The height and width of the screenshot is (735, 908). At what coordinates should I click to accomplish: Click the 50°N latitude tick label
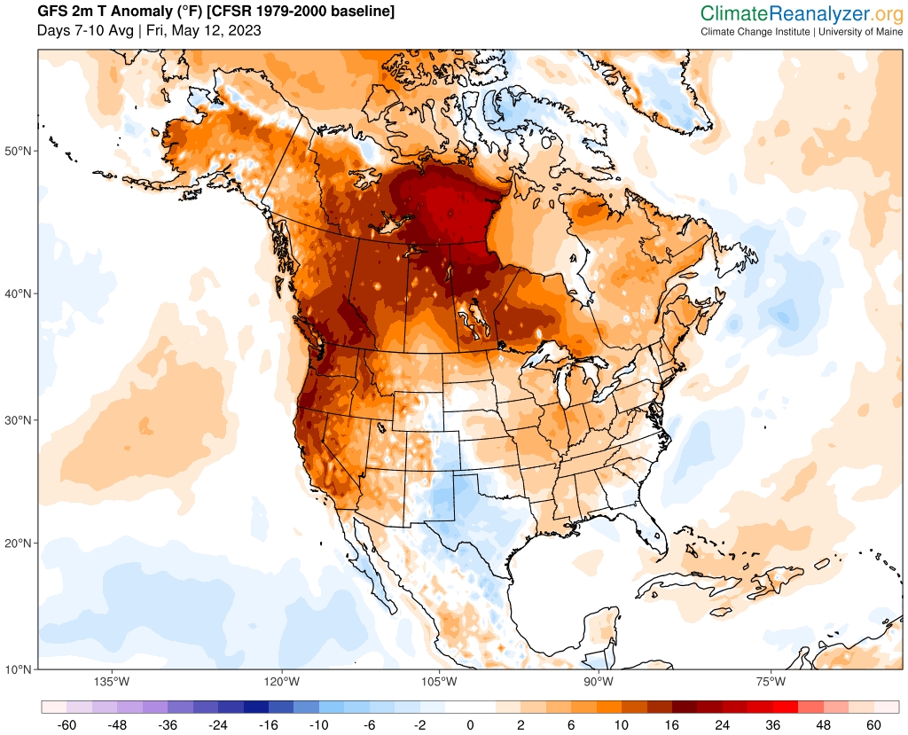(x=20, y=152)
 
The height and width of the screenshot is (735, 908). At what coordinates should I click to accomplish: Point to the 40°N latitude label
(x=20, y=293)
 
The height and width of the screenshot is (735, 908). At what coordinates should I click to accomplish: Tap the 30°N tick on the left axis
(x=20, y=420)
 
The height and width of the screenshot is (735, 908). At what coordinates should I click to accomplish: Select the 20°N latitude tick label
(x=20, y=543)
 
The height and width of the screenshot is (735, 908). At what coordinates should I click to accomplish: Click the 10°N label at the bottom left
(x=20, y=669)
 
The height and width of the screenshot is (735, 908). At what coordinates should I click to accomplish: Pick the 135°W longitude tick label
(x=112, y=682)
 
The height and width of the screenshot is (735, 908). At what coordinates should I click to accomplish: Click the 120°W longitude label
(x=282, y=682)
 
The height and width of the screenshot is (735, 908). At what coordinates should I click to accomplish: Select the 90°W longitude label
(x=599, y=682)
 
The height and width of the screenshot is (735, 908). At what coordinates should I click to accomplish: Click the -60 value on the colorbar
(x=67, y=725)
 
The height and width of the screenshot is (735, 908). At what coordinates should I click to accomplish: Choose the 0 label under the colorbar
(x=470, y=725)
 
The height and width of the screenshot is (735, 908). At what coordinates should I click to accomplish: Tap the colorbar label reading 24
(x=722, y=725)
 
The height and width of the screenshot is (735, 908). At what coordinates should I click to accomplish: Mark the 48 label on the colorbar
(x=823, y=725)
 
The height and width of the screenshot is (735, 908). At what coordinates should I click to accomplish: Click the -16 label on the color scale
(x=269, y=725)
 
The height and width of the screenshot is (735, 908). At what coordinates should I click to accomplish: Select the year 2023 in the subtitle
(x=245, y=30)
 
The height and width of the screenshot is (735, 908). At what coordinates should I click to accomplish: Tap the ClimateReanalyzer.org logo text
(x=802, y=14)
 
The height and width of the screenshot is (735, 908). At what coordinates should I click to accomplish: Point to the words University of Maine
(x=860, y=32)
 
